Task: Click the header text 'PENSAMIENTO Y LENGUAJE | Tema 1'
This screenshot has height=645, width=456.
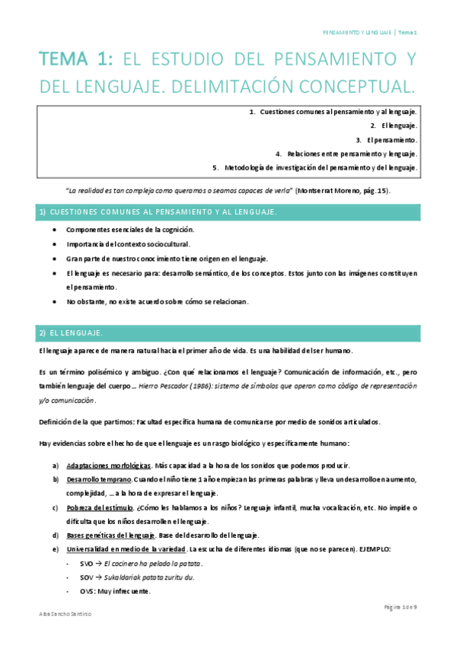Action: point(371,33)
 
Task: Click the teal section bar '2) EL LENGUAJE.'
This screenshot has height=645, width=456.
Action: point(228,333)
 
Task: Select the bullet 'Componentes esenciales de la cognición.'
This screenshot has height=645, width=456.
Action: point(130,229)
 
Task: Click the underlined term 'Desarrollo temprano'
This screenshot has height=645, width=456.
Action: point(99,479)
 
